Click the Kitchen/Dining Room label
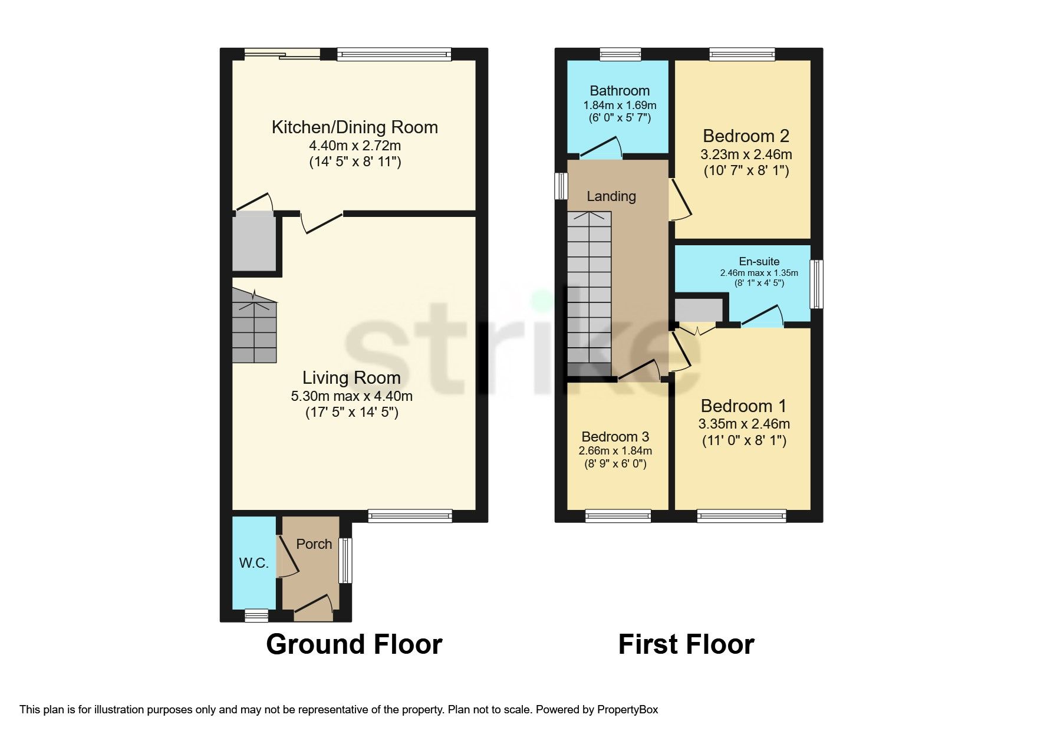[x=354, y=127]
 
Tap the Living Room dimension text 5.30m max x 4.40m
[x=351, y=396]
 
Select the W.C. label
[x=253, y=563]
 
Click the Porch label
[x=314, y=544]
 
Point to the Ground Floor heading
[x=354, y=644]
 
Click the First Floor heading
[x=686, y=644]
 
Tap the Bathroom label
[x=620, y=91]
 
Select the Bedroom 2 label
[x=746, y=136]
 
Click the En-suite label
[x=759, y=261]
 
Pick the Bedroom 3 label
[x=615, y=437]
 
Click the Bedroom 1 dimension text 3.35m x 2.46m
[x=744, y=424]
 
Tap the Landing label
[x=611, y=196]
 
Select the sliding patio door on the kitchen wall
[x=282, y=55]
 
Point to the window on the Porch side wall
[x=346, y=560]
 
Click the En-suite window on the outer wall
[x=816, y=285]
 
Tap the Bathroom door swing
[x=601, y=148]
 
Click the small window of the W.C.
[x=256, y=616]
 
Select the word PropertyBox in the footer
[x=627, y=710]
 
